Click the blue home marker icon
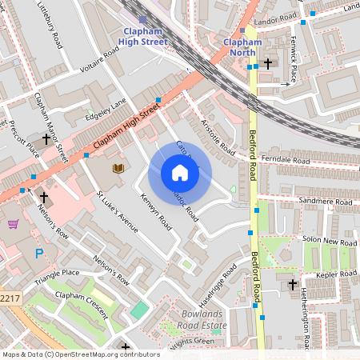[x=180, y=173]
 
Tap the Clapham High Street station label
[x=142, y=37]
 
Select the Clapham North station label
[x=242, y=46]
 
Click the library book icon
[x=118, y=168]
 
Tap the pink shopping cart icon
[x=13, y=224]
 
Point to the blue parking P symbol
[x=39, y=254]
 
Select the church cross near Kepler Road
[x=292, y=284]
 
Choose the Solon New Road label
[x=330, y=242]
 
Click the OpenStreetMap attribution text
[x=80, y=354]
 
